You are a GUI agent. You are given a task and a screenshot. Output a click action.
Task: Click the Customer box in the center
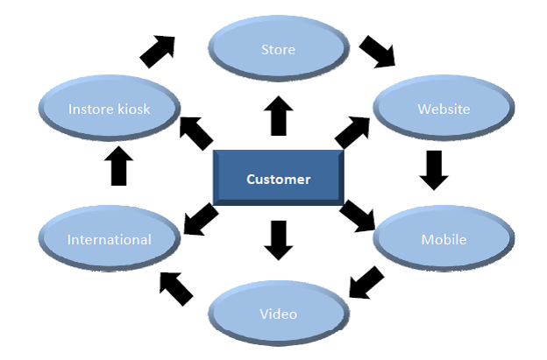click(278, 179)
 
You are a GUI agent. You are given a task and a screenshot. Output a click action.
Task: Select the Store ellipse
click(278, 49)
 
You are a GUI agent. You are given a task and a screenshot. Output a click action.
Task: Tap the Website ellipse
click(444, 109)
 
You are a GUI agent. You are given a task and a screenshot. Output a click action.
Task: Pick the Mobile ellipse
click(444, 238)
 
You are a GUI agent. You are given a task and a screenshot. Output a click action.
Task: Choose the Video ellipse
click(278, 314)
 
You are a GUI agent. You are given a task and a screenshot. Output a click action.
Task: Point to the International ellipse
click(110, 239)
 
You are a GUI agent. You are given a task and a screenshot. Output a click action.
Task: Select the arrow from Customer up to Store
click(279, 115)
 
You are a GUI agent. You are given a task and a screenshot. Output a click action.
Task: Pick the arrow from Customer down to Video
click(279, 240)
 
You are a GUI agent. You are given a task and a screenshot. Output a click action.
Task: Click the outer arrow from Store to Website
click(379, 52)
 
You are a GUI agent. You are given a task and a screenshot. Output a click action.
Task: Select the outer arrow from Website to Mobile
click(433, 170)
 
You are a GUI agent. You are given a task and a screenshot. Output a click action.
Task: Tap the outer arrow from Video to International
click(176, 286)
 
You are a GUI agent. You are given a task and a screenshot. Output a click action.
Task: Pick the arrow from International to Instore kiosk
click(116, 166)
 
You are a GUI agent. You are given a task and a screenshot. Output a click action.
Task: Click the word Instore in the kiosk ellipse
click(89, 109)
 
